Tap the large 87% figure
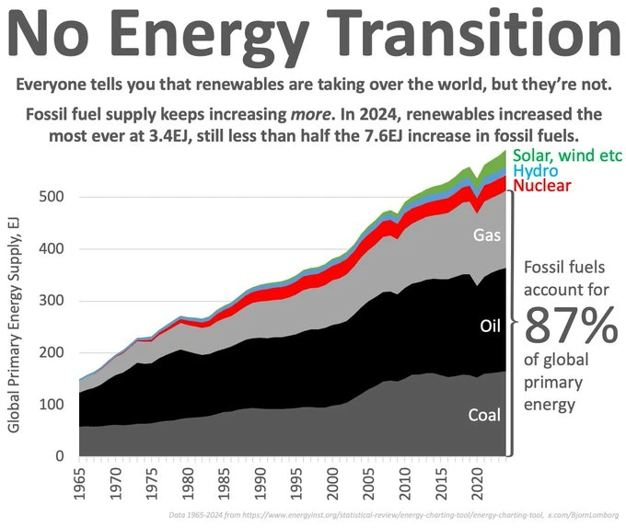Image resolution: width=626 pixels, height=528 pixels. tap(570, 323)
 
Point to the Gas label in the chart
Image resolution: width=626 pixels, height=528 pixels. tap(486, 235)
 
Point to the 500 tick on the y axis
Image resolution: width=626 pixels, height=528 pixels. tap(52, 197)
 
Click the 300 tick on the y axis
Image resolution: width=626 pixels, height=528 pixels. tap(52, 301)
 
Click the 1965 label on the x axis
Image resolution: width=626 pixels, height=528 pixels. tap(80, 479)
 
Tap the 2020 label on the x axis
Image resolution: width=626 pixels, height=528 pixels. tap(478, 479)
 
